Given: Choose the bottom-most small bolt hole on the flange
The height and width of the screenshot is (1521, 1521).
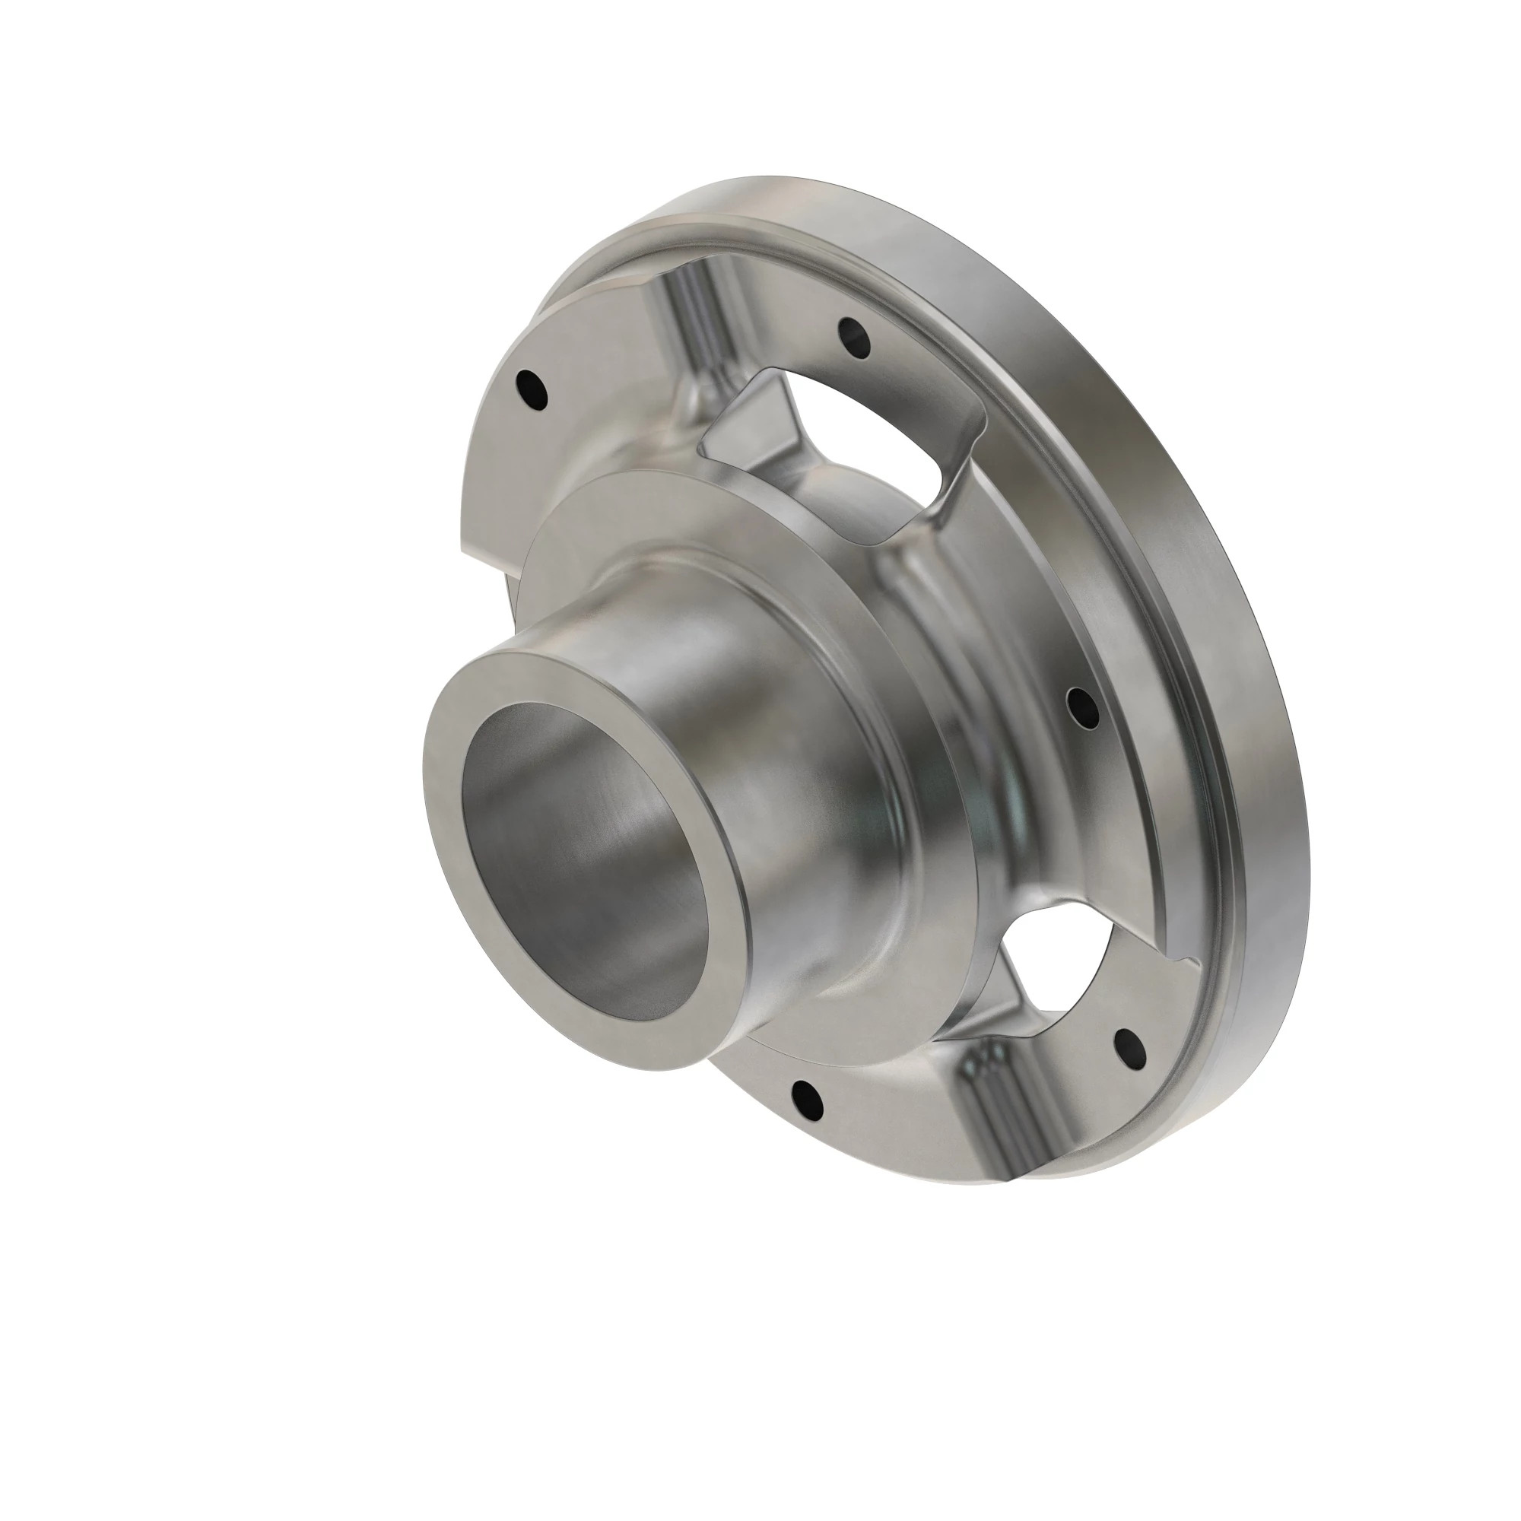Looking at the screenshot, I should click(805, 1097).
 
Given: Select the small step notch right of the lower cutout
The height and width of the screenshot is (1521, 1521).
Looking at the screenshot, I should click(1185, 961).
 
